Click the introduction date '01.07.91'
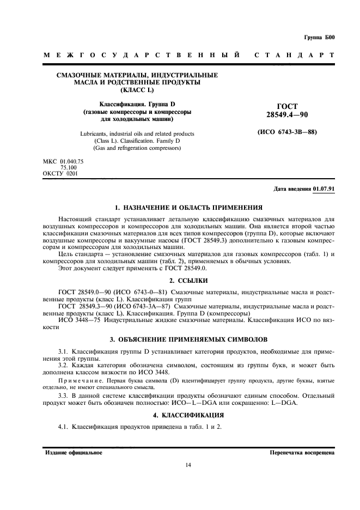(325, 189)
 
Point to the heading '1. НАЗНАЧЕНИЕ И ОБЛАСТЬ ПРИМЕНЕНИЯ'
(180, 208)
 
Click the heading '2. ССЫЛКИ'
(180, 280)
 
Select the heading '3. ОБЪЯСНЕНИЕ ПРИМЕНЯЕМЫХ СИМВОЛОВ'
(180, 338)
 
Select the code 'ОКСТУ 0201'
(60, 173)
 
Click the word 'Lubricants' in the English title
(94, 133)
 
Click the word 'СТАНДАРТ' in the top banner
(294, 56)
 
